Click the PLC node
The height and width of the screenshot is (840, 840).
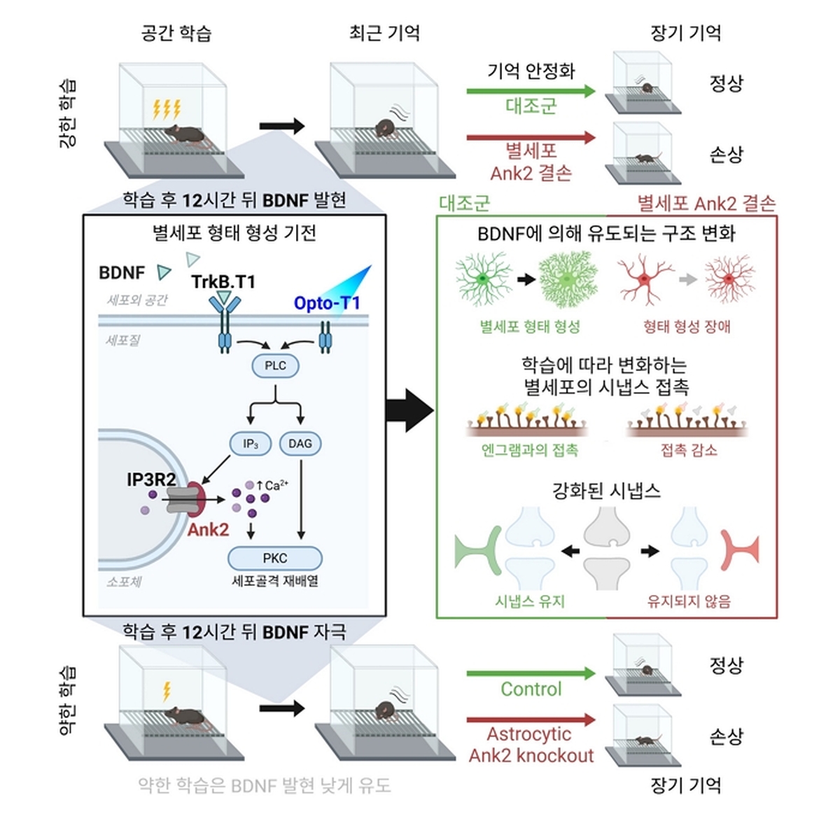pyautogui.click(x=276, y=365)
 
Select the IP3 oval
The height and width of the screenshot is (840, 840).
pyautogui.click(x=251, y=444)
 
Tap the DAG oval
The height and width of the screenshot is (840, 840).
pyautogui.click(x=300, y=444)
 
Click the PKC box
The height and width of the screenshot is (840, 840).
pyautogui.click(x=275, y=558)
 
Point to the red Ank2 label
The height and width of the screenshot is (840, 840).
pyautogui.click(x=209, y=530)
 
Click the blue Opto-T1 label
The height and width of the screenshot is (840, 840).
pyautogui.click(x=327, y=303)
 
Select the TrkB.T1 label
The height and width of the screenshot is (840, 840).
pyautogui.click(x=223, y=282)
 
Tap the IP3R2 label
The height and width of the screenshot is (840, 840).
pyautogui.click(x=152, y=479)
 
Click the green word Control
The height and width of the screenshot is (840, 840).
pyautogui.click(x=531, y=689)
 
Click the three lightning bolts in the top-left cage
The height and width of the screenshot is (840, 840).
pyautogui.click(x=167, y=109)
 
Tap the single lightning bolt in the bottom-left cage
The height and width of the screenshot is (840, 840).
pyautogui.click(x=167, y=692)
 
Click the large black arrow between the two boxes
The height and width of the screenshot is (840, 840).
pyautogui.click(x=410, y=411)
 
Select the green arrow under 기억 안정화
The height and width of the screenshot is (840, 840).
pyautogui.click(x=531, y=91)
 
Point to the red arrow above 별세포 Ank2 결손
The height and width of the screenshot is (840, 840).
pyautogui.click(x=531, y=138)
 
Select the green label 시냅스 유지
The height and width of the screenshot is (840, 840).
pyautogui.click(x=530, y=601)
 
